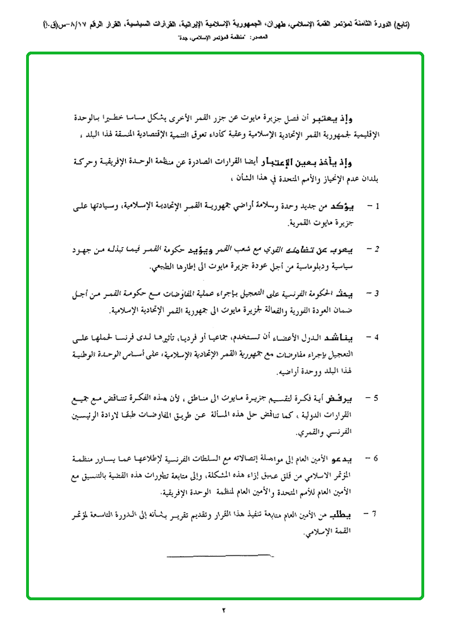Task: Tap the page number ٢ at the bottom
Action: point(224,611)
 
